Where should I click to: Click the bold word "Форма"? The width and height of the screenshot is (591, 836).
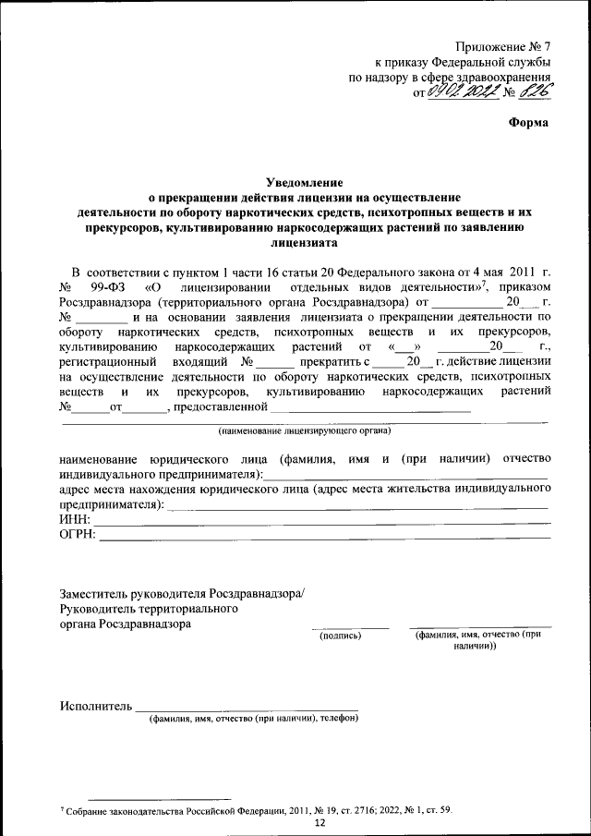pos(529,123)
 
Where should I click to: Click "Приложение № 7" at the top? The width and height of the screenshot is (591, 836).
pos(503,47)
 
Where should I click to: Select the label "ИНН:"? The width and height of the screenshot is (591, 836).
pos(76,521)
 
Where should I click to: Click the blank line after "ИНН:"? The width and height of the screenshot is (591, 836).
pos(323,525)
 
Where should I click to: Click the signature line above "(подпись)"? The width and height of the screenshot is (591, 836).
pos(349,627)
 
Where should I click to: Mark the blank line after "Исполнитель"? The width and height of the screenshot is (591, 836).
pos(247,710)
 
